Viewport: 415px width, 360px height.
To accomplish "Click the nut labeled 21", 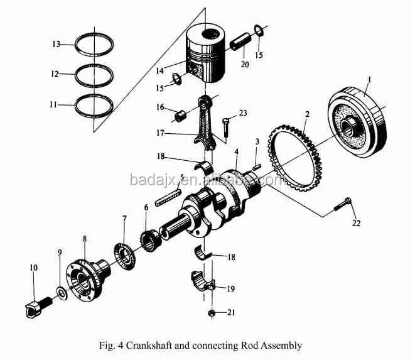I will click(x=212, y=312).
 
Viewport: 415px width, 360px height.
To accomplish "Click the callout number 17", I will click(x=160, y=133).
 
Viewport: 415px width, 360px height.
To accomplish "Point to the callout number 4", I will click(x=237, y=152).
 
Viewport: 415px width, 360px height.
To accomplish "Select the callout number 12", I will click(x=57, y=74).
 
